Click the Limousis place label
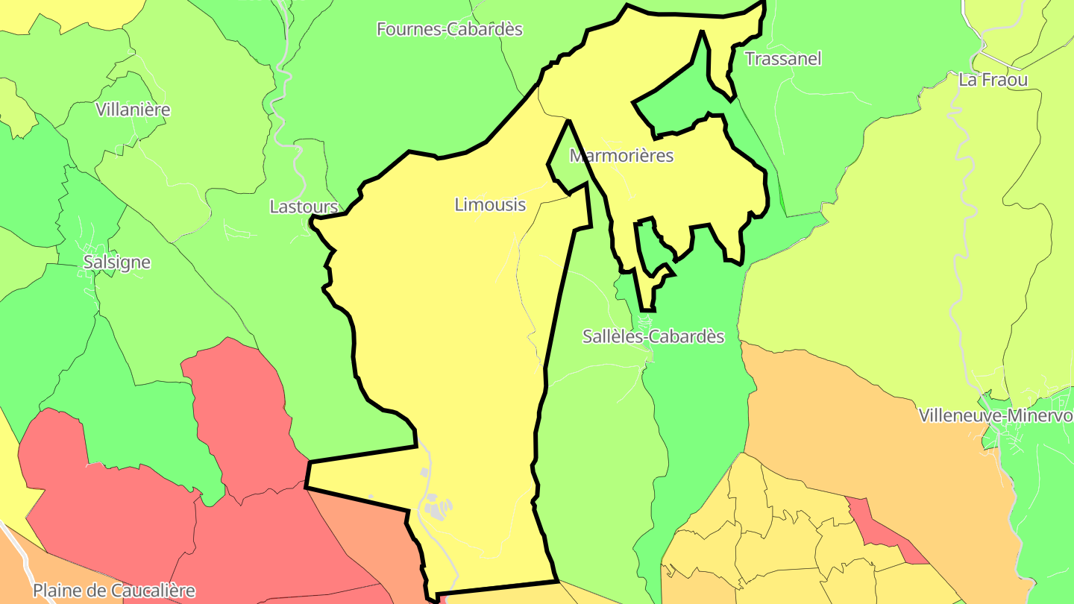click(x=490, y=204)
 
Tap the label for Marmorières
click(x=621, y=156)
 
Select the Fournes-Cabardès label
click(x=449, y=29)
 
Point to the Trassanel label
click(x=783, y=59)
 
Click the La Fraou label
click(x=993, y=80)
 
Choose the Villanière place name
click(x=133, y=110)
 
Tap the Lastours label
click(x=304, y=207)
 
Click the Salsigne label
click(x=117, y=262)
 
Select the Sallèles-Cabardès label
click(x=653, y=336)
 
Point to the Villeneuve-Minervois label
click(x=996, y=415)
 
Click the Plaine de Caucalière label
click(x=114, y=591)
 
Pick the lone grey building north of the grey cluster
click(x=424, y=472)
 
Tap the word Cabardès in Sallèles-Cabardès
click(x=687, y=336)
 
